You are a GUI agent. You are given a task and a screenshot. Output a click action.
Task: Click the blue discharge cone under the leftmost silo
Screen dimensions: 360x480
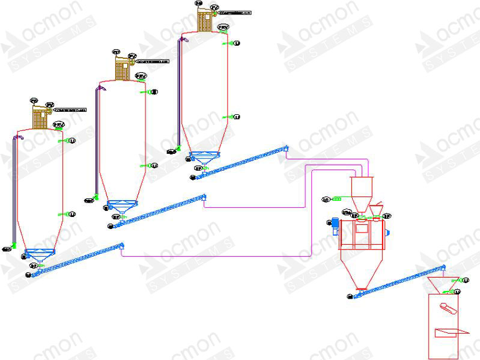click(40, 254)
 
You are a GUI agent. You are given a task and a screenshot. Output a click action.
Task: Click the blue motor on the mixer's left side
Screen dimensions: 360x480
click(332, 224)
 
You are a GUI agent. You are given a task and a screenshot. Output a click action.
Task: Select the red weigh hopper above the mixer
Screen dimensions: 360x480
click(362, 192)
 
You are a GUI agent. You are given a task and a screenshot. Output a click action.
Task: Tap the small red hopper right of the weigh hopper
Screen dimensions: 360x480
click(377, 209)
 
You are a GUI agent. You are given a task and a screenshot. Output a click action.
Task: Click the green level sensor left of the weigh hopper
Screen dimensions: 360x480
click(337, 198)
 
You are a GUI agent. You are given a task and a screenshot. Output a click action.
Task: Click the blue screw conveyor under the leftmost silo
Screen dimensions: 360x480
click(78, 259)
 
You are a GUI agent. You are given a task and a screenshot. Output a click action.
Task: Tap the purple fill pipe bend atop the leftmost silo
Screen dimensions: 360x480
click(19, 138)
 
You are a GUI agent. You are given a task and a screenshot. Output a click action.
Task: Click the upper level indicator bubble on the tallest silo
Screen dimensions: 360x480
click(236, 43)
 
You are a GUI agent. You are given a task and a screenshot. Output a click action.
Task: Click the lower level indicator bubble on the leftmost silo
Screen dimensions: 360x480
click(73, 214)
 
